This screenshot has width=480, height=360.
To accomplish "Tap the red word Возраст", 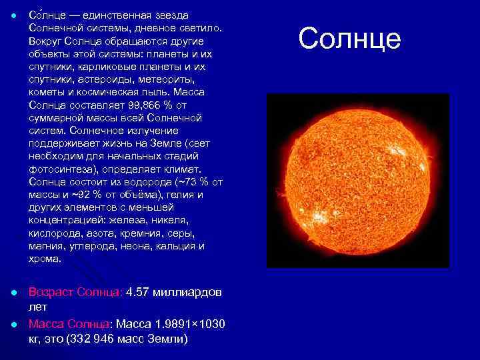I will (x=51, y=293).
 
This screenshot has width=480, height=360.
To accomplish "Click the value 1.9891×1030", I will (x=190, y=324).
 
